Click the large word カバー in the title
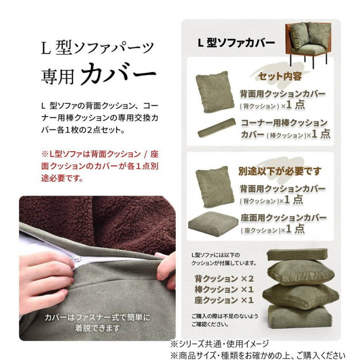point(118,74)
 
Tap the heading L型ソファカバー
point(236,43)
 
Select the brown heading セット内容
point(280,76)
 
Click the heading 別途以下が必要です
point(280,171)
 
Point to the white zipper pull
point(74,260)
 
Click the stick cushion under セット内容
point(217,128)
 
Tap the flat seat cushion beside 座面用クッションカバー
point(213,223)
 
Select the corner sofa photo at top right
point(308,44)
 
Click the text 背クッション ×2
point(224,279)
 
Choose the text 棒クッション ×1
point(224,290)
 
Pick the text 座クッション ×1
point(224,300)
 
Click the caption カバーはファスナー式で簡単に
point(97,317)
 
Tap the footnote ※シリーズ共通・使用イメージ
point(220,344)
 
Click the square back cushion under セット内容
point(215,92)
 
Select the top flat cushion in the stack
point(297,254)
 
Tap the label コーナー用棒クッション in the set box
point(284,123)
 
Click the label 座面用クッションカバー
point(283,218)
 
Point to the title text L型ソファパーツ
point(97,47)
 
